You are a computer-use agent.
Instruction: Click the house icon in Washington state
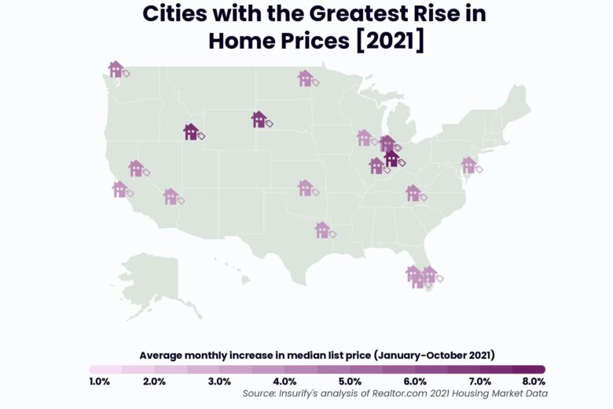click(116, 69)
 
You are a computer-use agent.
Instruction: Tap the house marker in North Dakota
click(305, 78)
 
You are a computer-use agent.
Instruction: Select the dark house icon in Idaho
click(191, 132)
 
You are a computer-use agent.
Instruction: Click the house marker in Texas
click(322, 229)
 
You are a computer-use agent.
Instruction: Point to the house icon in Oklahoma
click(305, 188)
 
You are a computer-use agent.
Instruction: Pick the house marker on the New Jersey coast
click(468, 165)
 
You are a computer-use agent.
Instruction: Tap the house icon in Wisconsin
click(364, 138)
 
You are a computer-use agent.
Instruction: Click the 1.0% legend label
click(100, 382)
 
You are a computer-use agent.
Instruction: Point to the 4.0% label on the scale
click(284, 382)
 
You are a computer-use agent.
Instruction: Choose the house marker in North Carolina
click(413, 192)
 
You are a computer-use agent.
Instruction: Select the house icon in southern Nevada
click(171, 196)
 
